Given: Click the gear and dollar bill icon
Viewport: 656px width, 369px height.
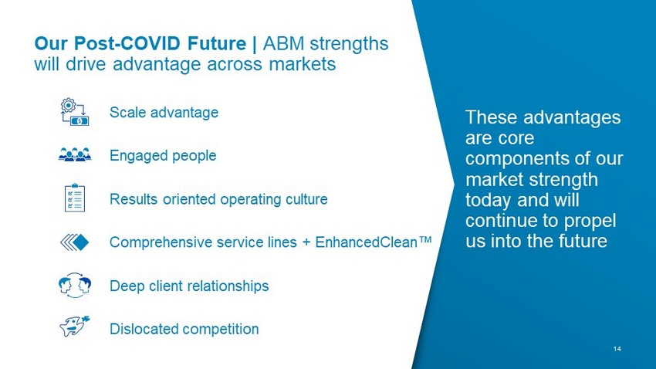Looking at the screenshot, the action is (75, 112).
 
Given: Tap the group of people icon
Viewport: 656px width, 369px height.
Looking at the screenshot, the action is (75, 155).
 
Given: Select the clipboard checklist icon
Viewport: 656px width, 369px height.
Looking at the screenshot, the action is (75, 198).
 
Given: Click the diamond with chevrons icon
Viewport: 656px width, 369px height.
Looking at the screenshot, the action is (74, 242).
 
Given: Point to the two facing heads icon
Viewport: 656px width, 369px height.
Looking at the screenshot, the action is (75, 286).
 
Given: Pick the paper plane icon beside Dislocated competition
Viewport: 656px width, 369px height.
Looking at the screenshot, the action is (75, 326).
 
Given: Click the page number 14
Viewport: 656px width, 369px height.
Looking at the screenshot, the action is (617, 349).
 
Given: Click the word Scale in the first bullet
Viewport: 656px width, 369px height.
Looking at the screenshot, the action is (127, 112).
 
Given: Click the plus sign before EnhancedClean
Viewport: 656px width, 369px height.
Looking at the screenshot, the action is (306, 242).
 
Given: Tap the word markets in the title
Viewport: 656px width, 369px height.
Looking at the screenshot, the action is (302, 64).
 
